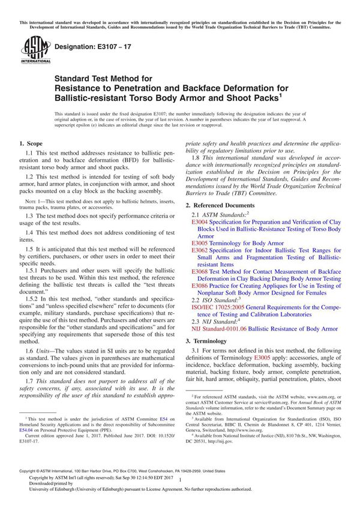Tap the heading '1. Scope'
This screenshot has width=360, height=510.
pyautogui.click(x=31, y=144)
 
